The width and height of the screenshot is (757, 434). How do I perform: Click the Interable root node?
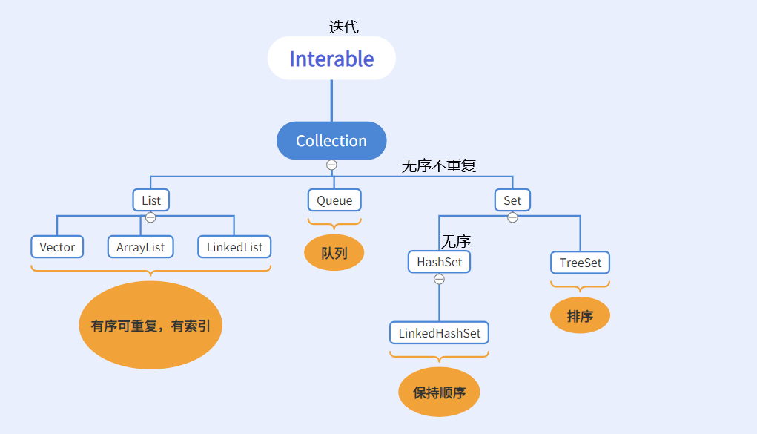click(x=331, y=59)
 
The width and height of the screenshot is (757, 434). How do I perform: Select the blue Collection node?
click(x=331, y=141)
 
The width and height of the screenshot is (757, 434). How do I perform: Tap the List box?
click(x=151, y=200)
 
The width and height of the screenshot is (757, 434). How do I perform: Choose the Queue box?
click(x=334, y=200)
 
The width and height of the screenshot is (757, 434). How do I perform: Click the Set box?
click(x=512, y=200)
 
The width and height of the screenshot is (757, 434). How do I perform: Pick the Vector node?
click(x=57, y=247)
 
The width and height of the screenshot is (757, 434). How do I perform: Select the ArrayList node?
click(x=141, y=247)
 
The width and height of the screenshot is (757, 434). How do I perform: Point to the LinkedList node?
click(x=234, y=247)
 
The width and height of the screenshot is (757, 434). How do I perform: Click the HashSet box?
click(x=439, y=262)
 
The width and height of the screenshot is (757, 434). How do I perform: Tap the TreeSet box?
click(x=580, y=263)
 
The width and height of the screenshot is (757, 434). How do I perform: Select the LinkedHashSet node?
click(x=440, y=333)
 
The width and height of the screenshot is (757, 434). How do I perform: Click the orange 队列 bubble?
click(x=334, y=253)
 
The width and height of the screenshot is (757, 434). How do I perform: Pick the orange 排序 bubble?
click(x=580, y=316)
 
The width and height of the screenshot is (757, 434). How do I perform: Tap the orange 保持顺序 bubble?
click(x=439, y=392)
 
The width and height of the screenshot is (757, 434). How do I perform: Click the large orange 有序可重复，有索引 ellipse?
click(x=151, y=326)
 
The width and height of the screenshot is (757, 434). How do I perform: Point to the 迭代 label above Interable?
click(x=343, y=27)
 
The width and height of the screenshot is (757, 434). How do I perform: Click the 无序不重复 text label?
click(x=439, y=166)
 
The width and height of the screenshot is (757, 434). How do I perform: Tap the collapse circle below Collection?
click(x=331, y=165)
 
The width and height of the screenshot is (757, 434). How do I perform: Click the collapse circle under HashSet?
click(x=439, y=279)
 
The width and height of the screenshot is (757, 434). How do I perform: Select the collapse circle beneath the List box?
click(x=151, y=217)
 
